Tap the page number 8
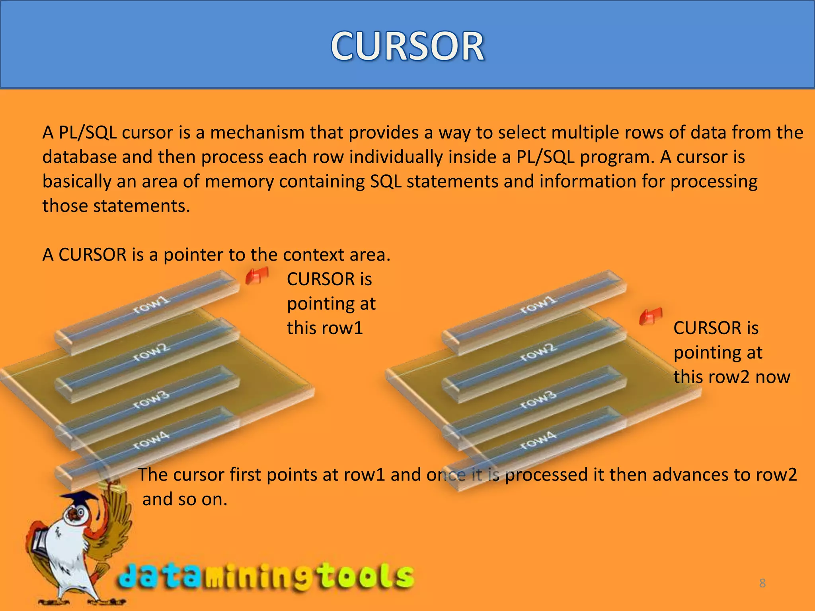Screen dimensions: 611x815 click(x=762, y=583)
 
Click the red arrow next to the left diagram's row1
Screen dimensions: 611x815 click(x=257, y=276)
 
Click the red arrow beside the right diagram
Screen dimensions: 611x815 click(x=651, y=316)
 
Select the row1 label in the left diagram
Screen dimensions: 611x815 click(x=151, y=305)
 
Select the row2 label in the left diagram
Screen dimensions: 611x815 click(x=151, y=352)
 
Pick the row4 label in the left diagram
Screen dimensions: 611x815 click(x=151, y=441)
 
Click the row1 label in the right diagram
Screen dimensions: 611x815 click(x=538, y=305)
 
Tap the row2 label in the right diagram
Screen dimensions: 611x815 click(x=538, y=352)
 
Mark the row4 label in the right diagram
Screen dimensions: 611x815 click(x=538, y=441)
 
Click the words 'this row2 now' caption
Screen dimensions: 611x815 click(x=731, y=377)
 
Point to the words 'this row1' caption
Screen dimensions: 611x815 click(x=325, y=328)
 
